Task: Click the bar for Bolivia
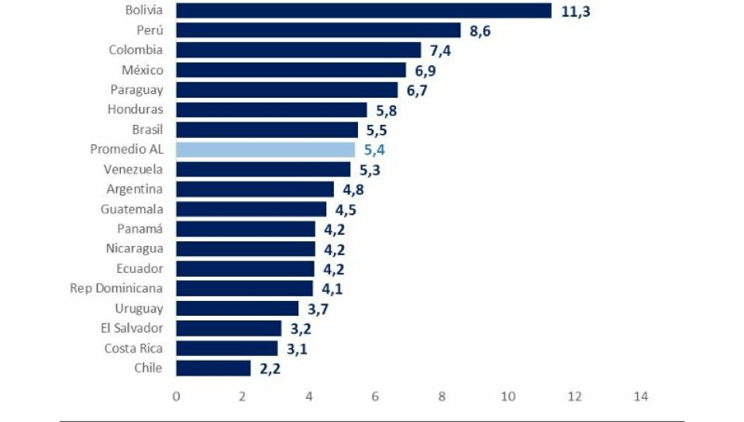tap(363, 10)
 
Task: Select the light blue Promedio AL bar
tap(265, 150)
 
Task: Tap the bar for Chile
tap(213, 368)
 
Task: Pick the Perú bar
tap(319, 30)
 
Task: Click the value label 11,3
tap(575, 12)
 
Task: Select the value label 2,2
tap(270, 368)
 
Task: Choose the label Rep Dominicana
tap(116, 289)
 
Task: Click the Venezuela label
tap(133, 169)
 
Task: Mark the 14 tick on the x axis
tap(640, 396)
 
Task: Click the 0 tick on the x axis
tap(177, 396)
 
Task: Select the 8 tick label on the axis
tap(442, 396)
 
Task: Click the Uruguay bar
tap(237, 309)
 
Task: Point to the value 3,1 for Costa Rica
tap(298, 349)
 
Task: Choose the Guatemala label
tap(132, 209)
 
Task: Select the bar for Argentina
tap(255, 189)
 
